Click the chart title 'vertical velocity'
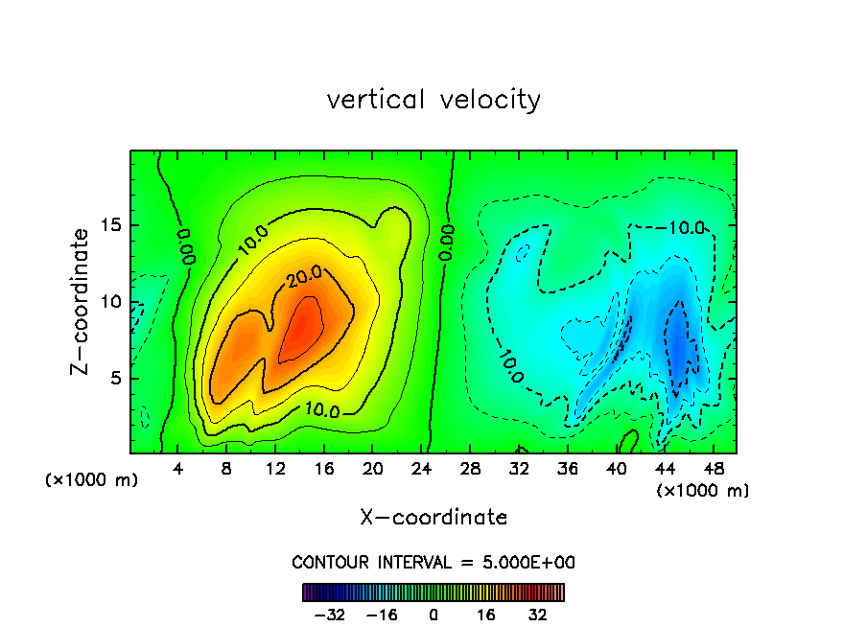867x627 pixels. (x=433, y=100)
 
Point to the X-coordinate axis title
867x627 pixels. (x=433, y=518)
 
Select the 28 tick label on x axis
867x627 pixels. (x=470, y=469)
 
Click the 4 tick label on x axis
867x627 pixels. (x=178, y=469)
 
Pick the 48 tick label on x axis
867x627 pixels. (x=714, y=469)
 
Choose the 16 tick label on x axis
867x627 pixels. (x=324, y=469)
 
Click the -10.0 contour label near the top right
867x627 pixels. (x=687, y=227)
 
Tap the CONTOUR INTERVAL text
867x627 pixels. (x=433, y=562)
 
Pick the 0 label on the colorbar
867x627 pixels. (x=433, y=615)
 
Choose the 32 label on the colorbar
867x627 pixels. (x=537, y=615)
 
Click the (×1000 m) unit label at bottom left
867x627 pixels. (x=92, y=480)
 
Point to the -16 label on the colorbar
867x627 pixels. (x=381, y=615)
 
